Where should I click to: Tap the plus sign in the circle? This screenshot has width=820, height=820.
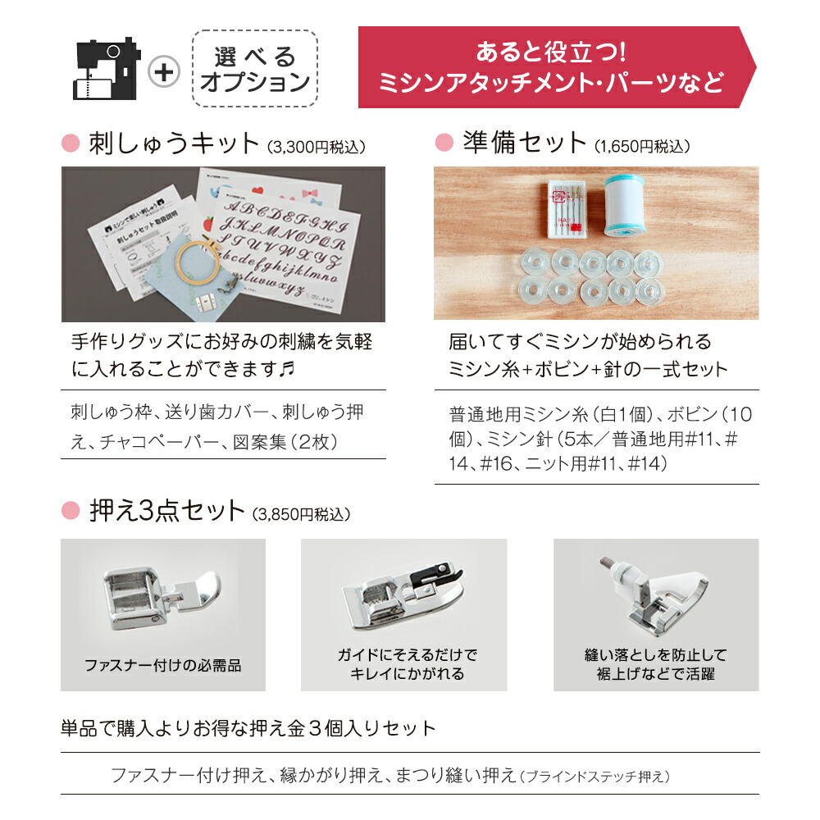coord(165,72)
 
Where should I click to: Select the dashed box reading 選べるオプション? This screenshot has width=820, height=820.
coord(255,69)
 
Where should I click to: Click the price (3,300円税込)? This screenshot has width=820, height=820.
coord(317,148)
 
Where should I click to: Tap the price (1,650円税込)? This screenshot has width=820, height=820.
coord(643,148)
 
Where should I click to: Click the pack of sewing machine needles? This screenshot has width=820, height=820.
coord(567,209)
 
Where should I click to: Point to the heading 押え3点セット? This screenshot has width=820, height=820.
coord(166,511)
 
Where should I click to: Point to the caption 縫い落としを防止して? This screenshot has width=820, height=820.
coord(655,655)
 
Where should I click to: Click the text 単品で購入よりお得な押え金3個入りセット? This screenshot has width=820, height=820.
coord(248,728)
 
